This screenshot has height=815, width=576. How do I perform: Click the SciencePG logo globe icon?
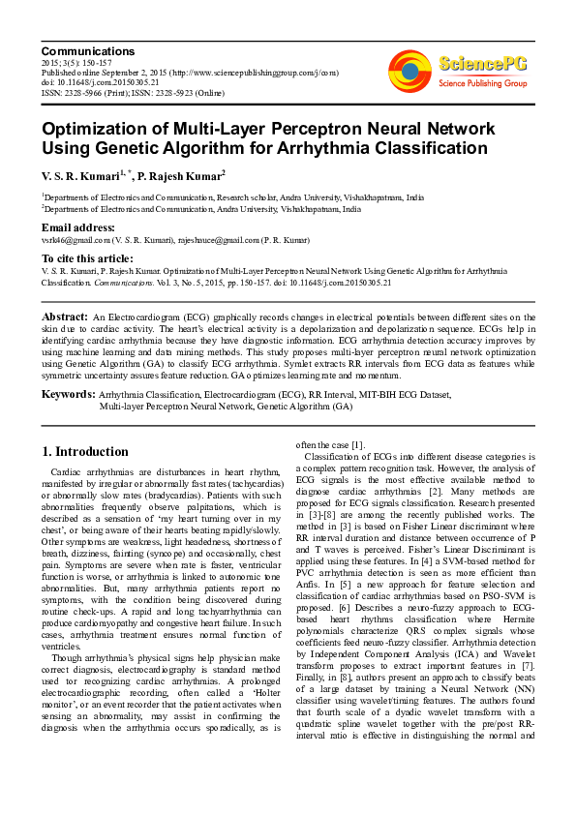click(410, 70)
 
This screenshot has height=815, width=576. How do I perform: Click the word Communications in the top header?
click(87, 51)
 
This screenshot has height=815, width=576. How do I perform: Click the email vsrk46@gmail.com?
click(73, 240)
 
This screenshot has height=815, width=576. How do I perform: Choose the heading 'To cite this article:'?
click(87, 258)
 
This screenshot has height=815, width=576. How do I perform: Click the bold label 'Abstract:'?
click(65, 317)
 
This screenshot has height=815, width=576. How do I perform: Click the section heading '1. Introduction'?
click(86, 452)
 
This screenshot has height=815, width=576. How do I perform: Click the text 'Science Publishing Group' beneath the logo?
click(480, 83)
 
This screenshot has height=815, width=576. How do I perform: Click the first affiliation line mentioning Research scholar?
click(233, 196)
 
